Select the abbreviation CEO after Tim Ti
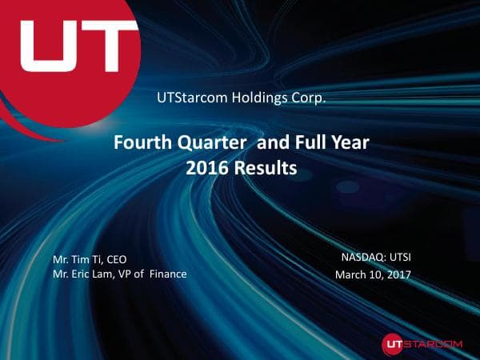click(x=116, y=259)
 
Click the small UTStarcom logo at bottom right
click(x=422, y=342)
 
